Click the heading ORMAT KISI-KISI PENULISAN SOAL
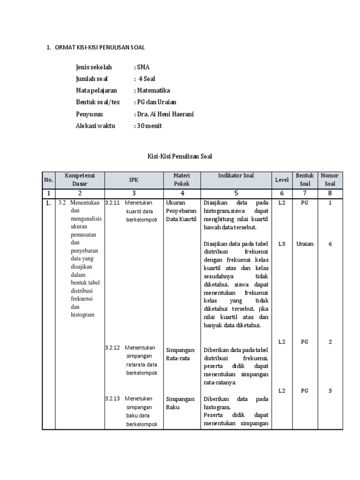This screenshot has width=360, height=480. pyautogui.click(x=100, y=47)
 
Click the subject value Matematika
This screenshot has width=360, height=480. pyautogui.click(x=153, y=90)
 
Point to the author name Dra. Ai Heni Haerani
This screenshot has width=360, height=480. pyautogui.click(x=165, y=114)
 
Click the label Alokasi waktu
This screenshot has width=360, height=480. pyautogui.click(x=95, y=126)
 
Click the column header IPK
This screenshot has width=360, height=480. pyautogui.click(x=134, y=180)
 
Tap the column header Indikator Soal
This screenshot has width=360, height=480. pyautogui.click(x=236, y=176)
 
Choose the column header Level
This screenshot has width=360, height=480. pyautogui.click(x=282, y=180)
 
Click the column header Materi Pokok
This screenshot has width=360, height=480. pyautogui.click(x=181, y=180)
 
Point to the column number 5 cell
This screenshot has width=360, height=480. pyautogui.click(x=236, y=193)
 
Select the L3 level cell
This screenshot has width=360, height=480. pyautogui.click(x=282, y=244)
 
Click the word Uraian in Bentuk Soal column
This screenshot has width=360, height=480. pyautogui.click(x=305, y=244)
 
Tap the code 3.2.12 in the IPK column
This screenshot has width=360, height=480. pyautogui.click(x=112, y=348)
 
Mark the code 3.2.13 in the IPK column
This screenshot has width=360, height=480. pyautogui.click(x=112, y=399)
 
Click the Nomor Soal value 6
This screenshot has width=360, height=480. pyautogui.click(x=330, y=244)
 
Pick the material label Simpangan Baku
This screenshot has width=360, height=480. pyautogui.click(x=180, y=403)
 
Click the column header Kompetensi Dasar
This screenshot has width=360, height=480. pyautogui.click(x=80, y=180)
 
